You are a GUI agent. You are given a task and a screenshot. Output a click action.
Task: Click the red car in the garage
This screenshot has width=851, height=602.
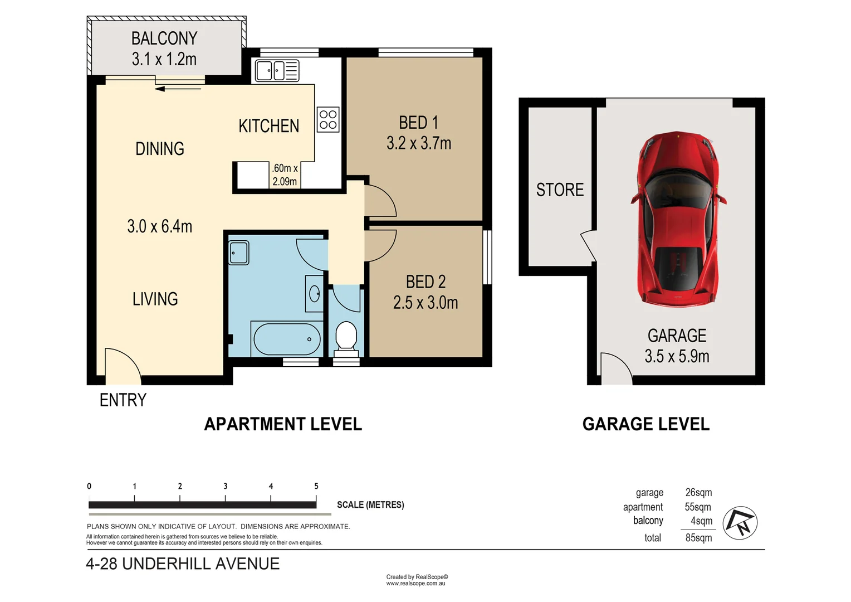click(678, 219)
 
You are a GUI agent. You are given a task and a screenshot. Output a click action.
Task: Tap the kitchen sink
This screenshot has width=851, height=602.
click(277, 70)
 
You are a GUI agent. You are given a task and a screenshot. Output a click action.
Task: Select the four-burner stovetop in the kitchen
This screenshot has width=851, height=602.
click(328, 119)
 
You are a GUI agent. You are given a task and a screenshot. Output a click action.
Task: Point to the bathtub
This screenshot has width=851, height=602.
click(287, 339)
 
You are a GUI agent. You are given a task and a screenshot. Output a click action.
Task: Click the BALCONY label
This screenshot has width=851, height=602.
click(164, 38)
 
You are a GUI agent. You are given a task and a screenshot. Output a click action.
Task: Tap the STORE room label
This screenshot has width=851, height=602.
click(560, 190)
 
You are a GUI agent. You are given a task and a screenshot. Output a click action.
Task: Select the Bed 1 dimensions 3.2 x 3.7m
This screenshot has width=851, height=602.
click(419, 143)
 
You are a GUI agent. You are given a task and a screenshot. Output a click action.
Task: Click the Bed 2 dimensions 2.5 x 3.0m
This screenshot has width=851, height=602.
click(425, 303)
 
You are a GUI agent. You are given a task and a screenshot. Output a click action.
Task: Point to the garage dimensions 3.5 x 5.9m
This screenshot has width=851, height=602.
click(677, 356)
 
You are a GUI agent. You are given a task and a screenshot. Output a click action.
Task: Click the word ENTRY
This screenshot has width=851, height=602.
click(123, 400)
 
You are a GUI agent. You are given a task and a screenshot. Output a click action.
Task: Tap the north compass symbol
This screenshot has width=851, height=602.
click(740, 522)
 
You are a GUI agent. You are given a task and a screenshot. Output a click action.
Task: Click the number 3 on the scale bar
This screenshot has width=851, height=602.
click(226, 486)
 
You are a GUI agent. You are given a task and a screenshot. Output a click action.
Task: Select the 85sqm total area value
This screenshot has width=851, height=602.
click(698, 538)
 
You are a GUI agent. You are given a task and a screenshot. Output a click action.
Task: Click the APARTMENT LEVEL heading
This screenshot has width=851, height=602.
click(283, 424)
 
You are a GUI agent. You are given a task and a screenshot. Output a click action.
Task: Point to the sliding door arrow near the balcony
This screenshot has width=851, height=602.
click(178, 89)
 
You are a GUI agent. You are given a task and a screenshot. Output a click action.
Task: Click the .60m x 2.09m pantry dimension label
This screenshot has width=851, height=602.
click(285, 174)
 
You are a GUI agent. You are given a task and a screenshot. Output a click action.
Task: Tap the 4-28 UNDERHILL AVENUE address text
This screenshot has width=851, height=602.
click(183, 564)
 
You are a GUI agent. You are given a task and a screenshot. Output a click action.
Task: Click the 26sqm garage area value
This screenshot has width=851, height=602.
click(698, 493)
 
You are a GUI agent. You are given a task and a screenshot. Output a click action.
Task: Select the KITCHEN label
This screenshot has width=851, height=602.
click(268, 126)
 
